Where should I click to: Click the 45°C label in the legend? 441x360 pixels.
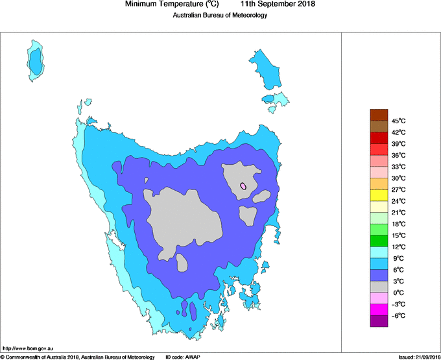click(398, 121)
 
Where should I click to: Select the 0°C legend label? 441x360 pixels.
click(398, 293)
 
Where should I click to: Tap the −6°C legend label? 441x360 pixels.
click(398, 315)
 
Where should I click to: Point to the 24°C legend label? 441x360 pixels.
click(398, 201)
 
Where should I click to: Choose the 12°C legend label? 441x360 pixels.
click(398, 246)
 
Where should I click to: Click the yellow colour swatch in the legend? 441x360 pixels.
click(379, 195)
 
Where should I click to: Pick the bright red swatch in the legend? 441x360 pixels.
click(379, 138)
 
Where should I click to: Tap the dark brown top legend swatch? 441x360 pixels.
click(379, 115)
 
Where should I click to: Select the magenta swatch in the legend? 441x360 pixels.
click(379, 309)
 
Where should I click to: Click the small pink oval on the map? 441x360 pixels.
click(243, 186)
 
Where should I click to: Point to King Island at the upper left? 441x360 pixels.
click(36, 60)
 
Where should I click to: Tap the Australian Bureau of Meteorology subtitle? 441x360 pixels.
click(220, 16)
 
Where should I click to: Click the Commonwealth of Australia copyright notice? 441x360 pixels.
click(78, 357)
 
